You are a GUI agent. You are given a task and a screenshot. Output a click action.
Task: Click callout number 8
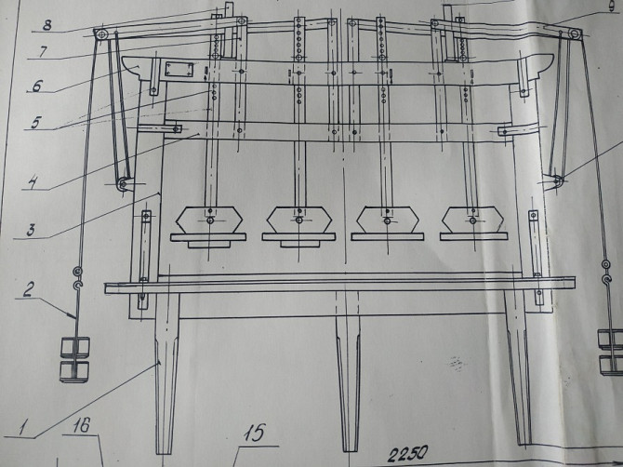(x=47, y=25)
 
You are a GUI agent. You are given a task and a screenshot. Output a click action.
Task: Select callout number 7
(x=43, y=52)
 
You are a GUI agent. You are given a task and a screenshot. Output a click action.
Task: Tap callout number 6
(x=36, y=86)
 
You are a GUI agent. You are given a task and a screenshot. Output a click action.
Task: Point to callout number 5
(x=35, y=123)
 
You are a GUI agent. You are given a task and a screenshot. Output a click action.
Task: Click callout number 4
(x=33, y=183)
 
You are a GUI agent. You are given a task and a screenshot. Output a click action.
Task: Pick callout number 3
(x=31, y=230)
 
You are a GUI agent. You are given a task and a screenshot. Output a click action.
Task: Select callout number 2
(x=28, y=289)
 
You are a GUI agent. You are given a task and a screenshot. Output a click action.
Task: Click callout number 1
(x=23, y=428)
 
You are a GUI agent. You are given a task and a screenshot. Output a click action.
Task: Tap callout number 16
(x=82, y=426)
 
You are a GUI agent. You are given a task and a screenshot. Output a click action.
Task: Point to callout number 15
(x=254, y=433)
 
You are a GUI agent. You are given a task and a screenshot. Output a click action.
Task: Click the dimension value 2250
(x=408, y=453)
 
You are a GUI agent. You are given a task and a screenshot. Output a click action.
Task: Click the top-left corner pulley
(x=101, y=34)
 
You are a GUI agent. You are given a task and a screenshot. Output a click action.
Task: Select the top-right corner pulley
(x=574, y=33)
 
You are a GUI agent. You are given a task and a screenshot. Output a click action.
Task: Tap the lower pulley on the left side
(x=123, y=184)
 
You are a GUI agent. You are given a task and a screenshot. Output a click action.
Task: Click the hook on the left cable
(x=78, y=286)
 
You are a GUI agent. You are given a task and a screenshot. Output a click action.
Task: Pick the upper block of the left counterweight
(x=74, y=347)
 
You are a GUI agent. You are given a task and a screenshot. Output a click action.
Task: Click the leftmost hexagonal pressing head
(x=209, y=220)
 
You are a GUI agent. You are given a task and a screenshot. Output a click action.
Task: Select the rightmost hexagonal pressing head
(x=472, y=220)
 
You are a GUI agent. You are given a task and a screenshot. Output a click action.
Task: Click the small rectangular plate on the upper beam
(x=179, y=70)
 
